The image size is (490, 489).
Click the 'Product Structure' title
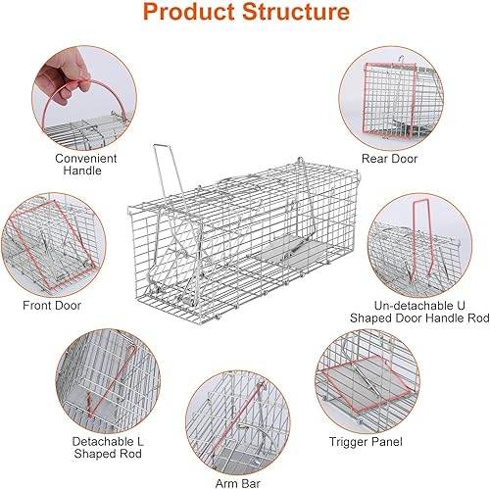point(245,15)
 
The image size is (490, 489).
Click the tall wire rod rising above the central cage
point(159,171)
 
